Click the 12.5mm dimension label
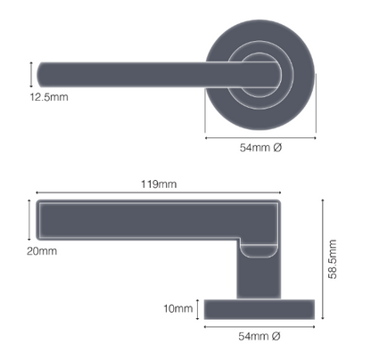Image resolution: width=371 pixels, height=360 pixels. [x=49, y=97]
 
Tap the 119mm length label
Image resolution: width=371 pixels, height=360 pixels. [x=159, y=184]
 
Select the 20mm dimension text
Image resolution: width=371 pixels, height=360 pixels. [x=42, y=251]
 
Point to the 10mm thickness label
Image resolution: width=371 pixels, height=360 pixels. [x=178, y=308]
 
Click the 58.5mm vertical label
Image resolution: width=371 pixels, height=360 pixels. [x=333, y=259]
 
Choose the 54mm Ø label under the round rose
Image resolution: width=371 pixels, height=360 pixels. [x=260, y=148]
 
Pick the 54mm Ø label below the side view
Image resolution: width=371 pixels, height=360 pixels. [x=260, y=336]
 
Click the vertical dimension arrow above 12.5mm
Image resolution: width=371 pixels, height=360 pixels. [x=31, y=75]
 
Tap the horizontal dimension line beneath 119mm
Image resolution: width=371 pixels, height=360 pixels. [x=159, y=193]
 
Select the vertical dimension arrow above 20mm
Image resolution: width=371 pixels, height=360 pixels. [x=29, y=220]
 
